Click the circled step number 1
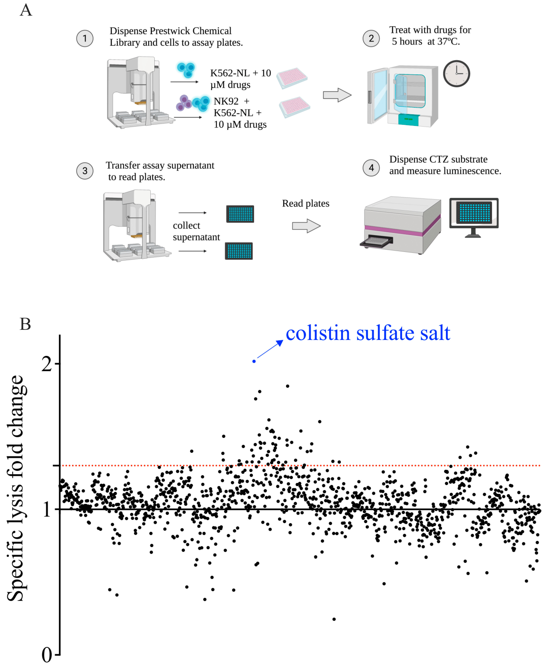[x=85, y=38]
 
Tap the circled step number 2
[x=371, y=38]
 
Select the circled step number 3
[x=85, y=171]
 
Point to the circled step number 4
[x=371, y=168]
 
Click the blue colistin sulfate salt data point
[x=254, y=361]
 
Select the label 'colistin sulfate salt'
[x=368, y=333]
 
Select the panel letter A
[x=26, y=10]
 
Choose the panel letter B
[x=25, y=324]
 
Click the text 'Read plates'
[x=305, y=204]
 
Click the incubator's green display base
[x=408, y=120]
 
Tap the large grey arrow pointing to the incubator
[x=337, y=95]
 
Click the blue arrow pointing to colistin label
[x=270, y=349]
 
